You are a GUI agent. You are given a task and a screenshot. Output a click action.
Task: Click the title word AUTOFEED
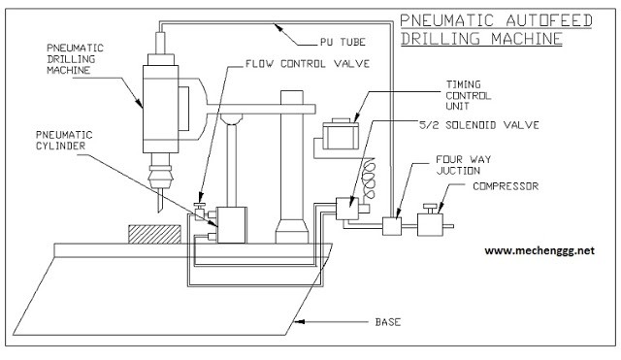[x=549, y=20]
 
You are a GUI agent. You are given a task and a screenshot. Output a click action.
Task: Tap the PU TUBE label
[x=343, y=42]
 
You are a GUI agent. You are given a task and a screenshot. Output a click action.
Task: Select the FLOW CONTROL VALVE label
[x=308, y=64]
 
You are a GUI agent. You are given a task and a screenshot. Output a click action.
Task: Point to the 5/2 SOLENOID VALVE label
[x=479, y=125]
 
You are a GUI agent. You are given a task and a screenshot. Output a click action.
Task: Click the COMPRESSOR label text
[x=506, y=186]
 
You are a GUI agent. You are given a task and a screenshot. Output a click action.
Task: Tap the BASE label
[x=388, y=322]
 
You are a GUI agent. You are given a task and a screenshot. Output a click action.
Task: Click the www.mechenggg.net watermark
[x=539, y=250]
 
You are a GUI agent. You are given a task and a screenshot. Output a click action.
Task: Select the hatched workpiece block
[x=154, y=234]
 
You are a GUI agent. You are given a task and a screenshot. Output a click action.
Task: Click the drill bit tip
[x=159, y=212]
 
